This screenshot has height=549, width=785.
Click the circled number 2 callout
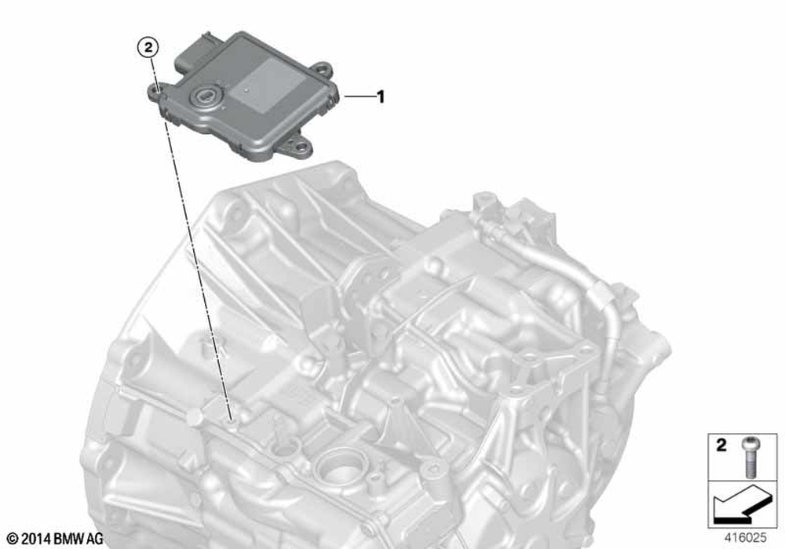coord(148,48)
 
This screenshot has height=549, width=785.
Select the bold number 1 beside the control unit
coord(381,96)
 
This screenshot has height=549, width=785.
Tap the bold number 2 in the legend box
coord(721,445)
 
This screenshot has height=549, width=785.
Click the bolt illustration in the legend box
coord(750,456)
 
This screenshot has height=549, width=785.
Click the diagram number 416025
coord(746,538)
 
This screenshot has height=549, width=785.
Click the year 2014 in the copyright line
coord(36,539)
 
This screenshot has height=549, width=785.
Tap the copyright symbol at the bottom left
coord(13,539)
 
